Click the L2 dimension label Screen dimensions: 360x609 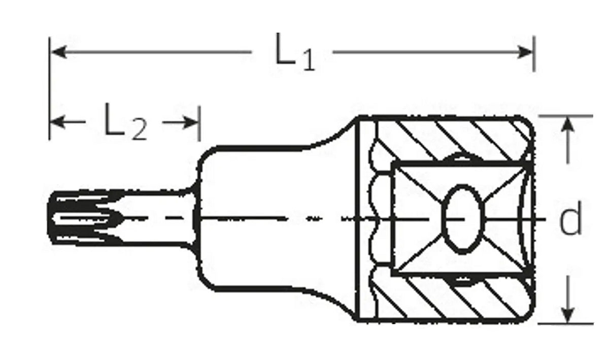[125, 123]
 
